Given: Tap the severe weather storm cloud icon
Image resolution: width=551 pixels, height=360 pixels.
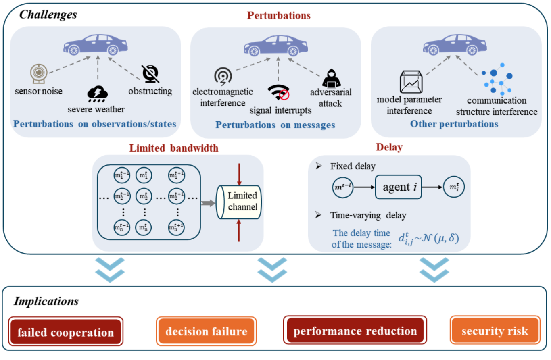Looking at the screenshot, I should click(97, 94).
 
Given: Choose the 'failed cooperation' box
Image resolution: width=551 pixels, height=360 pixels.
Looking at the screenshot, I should click(65, 332).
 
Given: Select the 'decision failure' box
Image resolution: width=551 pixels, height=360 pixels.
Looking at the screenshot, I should click(206, 332).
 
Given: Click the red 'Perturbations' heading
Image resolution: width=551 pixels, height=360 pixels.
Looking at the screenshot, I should click(279, 16).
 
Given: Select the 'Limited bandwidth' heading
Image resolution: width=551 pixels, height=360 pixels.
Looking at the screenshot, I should click(174, 148).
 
